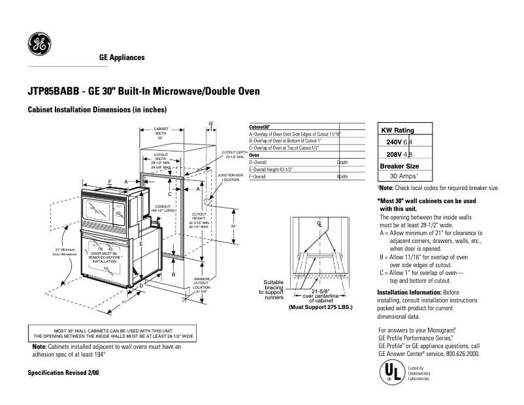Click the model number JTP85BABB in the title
(x=56, y=91)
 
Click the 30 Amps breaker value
(x=403, y=176)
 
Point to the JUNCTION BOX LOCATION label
(x=230, y=177)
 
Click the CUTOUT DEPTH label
(x=234, y=154)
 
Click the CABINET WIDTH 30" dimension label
(x=161, y=133)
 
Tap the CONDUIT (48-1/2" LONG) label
(x=163, y=208)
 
